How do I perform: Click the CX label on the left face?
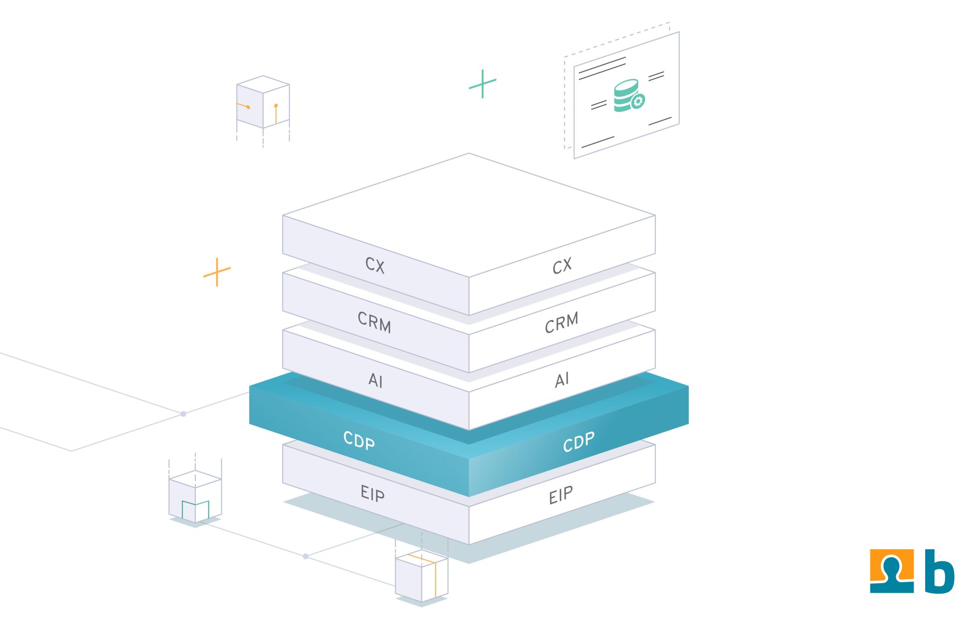tap(375, 265)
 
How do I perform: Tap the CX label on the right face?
tap(562, 266)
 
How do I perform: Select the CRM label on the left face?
tap(374, 322)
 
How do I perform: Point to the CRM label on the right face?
tap(561, 322)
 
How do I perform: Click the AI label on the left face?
tap(375, 381)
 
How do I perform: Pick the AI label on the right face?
tap(562, 380)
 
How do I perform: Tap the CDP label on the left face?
tap(359, 440)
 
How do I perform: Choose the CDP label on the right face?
tap(578, 442)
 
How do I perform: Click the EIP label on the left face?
tap(372, 493)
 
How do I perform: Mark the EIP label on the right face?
tap(561, 495)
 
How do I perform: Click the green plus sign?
tap(482, 84)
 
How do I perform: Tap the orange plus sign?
tap(217, 272)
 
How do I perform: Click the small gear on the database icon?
tap(638, 101)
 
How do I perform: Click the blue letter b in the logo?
tap(939, 572)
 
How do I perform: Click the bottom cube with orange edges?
tap(422, 576)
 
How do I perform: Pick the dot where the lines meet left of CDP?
tap(183, 414)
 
